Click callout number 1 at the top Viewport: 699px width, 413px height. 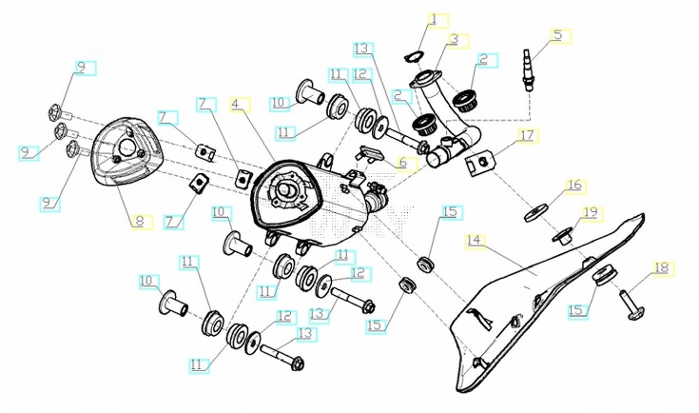[434, 19]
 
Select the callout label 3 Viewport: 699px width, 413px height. [454, 40]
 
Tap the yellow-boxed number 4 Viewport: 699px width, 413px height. [237, 103]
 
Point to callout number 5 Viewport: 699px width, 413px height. [557, 36]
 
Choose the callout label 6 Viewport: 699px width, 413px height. [402, 163]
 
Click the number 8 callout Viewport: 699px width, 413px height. [139, 222]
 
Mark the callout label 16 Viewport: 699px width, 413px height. [573, 184]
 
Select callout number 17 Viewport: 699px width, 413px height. [527, 136]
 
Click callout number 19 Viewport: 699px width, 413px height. [590, 211]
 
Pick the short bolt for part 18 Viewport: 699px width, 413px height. [631, 302]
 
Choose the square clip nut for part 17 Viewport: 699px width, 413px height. [482, 165]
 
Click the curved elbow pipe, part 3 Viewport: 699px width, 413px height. [447, 105]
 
